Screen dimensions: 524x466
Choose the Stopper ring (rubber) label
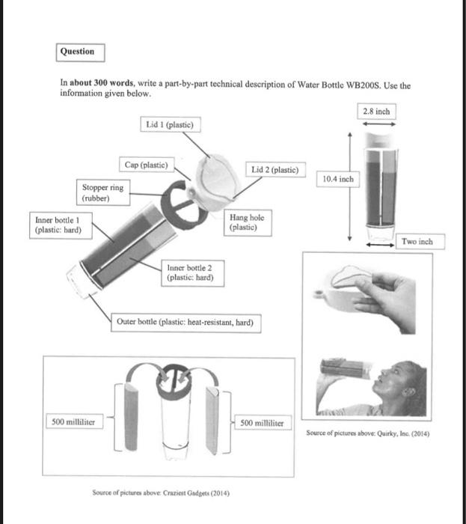tap(102, 192)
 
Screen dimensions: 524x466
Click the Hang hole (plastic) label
tap(246, 222)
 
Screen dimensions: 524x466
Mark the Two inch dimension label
tap(417, 242)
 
